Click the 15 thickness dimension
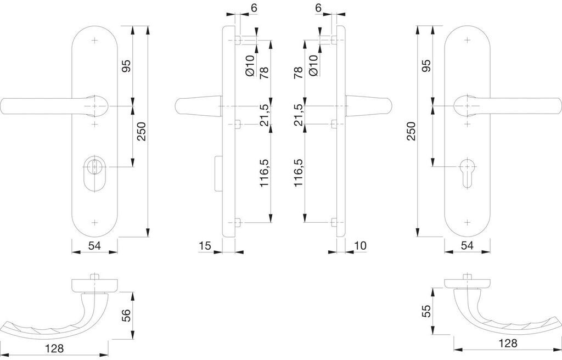pos(205,246)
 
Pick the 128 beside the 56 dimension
pos(55,348)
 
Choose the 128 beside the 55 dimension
pos(508,344)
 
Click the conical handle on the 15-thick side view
pos(196,106)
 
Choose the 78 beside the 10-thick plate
pos(298,72)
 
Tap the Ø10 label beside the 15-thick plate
pos(250,66)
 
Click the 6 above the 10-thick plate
pos(318,9)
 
